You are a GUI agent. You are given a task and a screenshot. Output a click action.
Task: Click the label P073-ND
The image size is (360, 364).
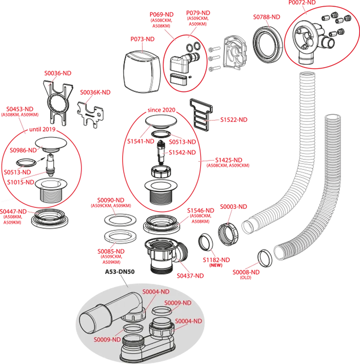click(142, 39)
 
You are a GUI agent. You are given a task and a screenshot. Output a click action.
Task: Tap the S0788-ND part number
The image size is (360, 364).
click(266, 17)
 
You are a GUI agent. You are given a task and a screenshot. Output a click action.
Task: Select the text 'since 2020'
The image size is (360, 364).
click(161, 110)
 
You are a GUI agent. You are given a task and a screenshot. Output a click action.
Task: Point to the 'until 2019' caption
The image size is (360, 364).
click(42, 129)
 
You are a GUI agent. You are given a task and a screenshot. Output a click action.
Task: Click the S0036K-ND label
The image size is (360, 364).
click(95, 92)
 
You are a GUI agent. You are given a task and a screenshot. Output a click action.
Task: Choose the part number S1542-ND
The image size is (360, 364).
click(182, 152)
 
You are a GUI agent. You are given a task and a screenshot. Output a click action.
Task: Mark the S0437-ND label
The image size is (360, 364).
click(190, 275)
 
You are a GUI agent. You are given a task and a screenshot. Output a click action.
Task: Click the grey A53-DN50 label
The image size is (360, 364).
click(120, 271)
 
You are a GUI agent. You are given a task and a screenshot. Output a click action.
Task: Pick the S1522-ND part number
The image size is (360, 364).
click(233, 120)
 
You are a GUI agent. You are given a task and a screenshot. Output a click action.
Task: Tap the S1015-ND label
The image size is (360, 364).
click(21, 182)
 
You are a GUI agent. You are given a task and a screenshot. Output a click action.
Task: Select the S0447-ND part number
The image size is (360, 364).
click(13, 212)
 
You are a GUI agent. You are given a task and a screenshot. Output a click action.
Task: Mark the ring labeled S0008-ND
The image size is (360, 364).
click(265, 258)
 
